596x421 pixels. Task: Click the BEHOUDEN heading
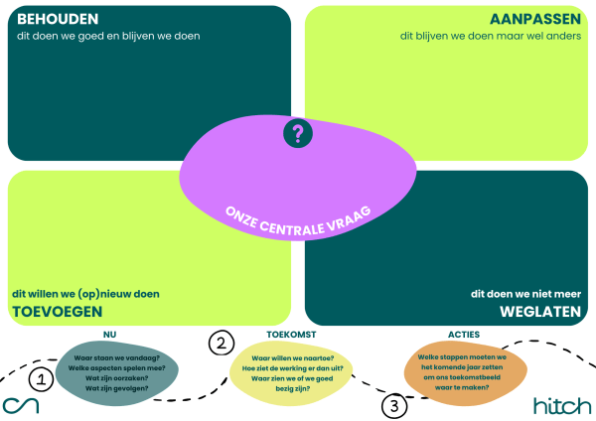pos(57,19)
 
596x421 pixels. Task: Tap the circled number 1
pos(41,378)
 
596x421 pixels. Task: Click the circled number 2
pos(222,344)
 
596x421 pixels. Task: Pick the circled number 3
pos(394,405)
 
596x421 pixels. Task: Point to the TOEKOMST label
pos(291,335)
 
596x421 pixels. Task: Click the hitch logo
pos(561,405)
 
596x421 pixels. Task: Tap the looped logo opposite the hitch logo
pos(20,406)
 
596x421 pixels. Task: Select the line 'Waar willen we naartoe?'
pos(291,356)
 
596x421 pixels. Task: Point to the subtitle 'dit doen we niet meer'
pos(527,294)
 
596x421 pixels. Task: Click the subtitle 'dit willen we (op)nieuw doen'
pos(85,294)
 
